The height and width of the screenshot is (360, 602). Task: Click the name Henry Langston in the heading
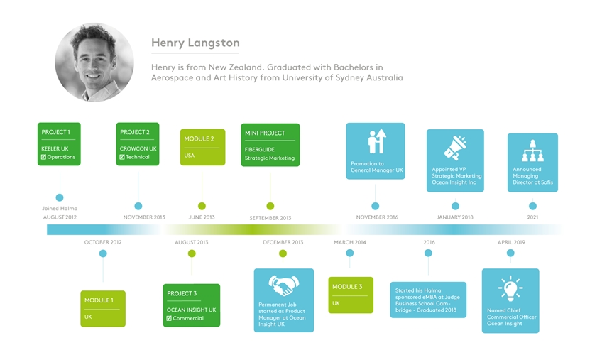(195, 43)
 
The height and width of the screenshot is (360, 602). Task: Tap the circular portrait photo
(94, 62)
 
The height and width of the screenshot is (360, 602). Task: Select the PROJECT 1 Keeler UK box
(59, 144)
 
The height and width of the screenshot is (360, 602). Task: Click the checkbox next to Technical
(122, 157)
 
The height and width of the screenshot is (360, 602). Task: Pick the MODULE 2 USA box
(203, 147)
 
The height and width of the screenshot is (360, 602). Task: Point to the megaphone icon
(455, 148)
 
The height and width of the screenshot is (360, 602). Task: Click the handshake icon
(284, 285)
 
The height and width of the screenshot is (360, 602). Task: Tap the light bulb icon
(510, 288)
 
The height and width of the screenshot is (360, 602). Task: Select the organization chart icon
(532, 151)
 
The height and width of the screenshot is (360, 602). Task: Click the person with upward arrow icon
(377, 141)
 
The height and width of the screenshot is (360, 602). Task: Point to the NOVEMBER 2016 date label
(377, 217)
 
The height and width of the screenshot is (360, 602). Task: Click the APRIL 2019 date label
(511, 242)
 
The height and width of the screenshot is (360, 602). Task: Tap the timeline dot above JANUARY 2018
(455, 207)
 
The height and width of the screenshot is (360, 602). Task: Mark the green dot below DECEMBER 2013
(283, 253)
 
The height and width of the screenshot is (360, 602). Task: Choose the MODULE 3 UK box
(351, 295)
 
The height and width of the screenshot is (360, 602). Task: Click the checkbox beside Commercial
(169, 318)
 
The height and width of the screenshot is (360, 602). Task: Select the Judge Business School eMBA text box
(428, 300)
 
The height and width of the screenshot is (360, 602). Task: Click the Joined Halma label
(60, 209)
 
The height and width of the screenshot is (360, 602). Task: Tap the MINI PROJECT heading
(265, 133)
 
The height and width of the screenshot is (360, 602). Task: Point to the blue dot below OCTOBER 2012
(103, 253)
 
